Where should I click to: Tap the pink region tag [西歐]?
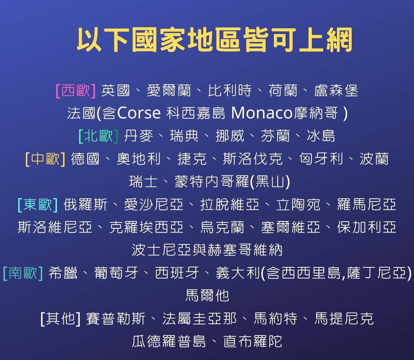76,91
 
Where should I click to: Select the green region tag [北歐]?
98,136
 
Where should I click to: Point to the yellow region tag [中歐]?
45,159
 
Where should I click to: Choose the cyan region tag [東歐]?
37,205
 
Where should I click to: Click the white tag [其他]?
60,319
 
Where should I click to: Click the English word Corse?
139,113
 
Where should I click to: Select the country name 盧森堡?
336,91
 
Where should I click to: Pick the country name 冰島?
321,136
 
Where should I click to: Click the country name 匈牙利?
321,159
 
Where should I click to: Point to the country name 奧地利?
139,159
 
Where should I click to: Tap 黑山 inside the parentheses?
270,182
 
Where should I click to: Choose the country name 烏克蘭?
222,228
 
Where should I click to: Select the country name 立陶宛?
298,205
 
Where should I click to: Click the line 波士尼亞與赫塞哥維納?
207,250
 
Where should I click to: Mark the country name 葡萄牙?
116,273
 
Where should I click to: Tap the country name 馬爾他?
207,296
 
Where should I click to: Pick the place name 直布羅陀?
253,341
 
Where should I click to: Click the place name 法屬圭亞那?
199,319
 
